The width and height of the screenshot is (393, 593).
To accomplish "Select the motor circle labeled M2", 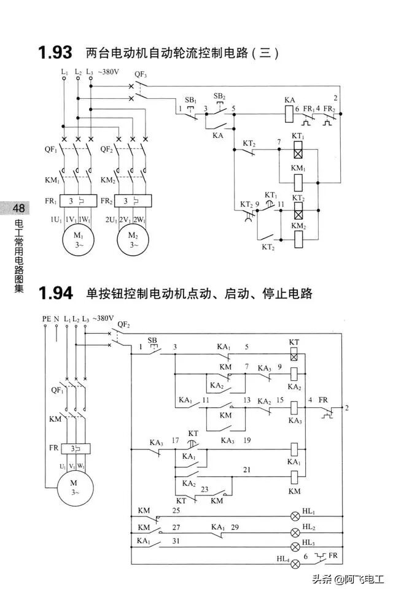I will pos(133,240).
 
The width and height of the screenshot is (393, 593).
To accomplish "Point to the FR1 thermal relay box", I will pos(79,201).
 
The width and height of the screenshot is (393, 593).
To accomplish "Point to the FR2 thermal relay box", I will pos(134,201).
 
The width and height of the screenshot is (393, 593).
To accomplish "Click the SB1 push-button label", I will pos(190,99).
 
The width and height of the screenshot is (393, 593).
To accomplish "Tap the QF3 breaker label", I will pos(140,74).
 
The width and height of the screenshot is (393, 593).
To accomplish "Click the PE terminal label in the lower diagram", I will pos(46,319).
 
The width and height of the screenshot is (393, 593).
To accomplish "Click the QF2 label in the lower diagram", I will pos(123,323).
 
